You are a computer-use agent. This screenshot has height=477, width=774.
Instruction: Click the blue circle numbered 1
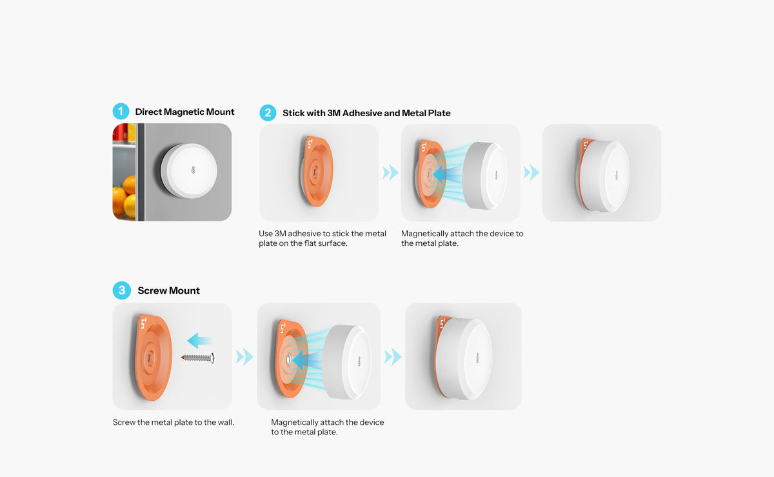[121, 112]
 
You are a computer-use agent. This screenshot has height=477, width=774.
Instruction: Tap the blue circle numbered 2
[268, 113]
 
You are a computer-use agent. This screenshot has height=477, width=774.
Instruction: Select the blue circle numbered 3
[122, 290]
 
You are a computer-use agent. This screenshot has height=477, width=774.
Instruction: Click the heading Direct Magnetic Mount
[184, 112]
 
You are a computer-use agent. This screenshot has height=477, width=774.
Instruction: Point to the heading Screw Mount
[168, 290]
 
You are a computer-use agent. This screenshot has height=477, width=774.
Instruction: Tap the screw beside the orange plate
[198, 358]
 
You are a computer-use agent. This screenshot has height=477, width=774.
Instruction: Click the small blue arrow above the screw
[199, 341]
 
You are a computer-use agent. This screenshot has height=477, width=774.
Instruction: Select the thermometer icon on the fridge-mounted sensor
[193, 170]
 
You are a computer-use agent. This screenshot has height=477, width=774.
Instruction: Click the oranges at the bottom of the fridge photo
[124, 196]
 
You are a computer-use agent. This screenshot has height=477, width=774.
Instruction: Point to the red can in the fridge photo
[120, 132]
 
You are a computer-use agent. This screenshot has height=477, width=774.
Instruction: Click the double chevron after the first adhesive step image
[390, 172]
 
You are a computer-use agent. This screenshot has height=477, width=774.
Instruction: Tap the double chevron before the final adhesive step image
[531, 172]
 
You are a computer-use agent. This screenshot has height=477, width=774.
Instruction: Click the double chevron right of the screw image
[244, 357]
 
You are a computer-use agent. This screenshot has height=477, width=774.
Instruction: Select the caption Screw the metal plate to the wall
[174, 422]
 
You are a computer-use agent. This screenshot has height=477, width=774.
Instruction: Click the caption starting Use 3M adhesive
[322, 238]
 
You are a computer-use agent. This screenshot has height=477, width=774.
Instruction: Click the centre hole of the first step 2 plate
[315, 171]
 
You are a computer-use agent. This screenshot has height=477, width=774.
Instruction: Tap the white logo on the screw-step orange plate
[143, 323]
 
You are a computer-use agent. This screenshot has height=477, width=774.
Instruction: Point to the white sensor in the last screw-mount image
[463, 358]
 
